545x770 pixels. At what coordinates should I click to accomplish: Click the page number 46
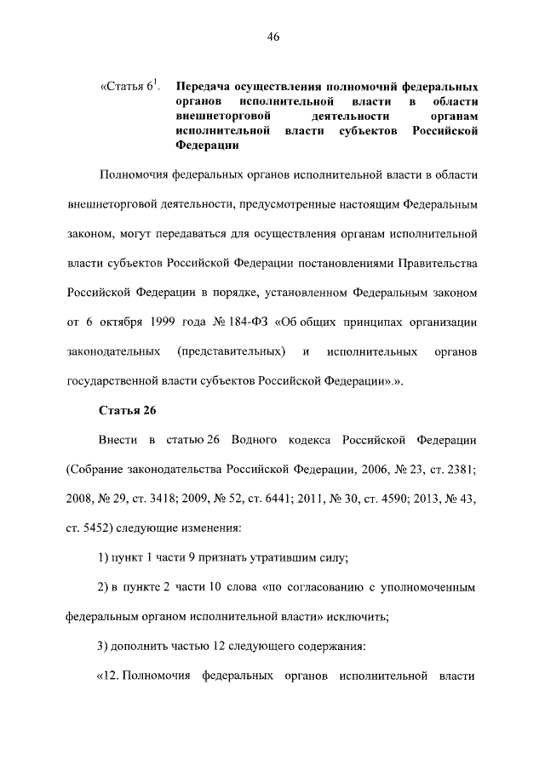point(272,36)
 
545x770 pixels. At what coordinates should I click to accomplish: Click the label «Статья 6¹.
point(129,87)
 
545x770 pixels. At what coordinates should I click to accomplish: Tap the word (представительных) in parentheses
point(231,351)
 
